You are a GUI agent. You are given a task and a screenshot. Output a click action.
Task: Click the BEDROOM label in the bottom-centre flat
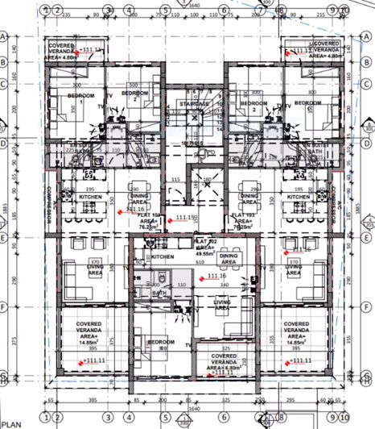(160, 342)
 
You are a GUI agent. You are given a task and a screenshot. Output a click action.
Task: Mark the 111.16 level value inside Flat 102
(215, 277)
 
